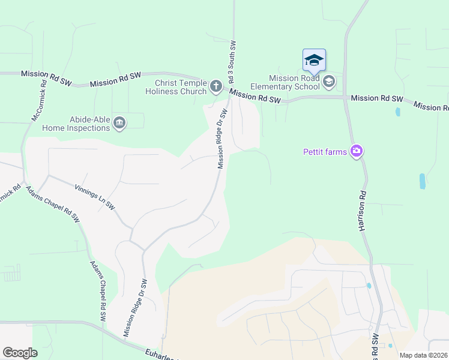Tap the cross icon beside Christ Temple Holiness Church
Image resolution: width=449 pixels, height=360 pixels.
[216, 87]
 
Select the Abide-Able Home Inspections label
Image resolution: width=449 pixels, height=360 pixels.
[81, 124]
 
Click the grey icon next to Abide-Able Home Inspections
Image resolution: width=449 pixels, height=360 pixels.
[119, 123]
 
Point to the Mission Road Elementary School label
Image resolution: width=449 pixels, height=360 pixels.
[294, 82]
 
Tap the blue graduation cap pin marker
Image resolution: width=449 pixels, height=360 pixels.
[314, 61]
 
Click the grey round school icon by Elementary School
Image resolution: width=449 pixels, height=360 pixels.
[328, 81]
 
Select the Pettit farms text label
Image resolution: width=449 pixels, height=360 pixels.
[325, 152]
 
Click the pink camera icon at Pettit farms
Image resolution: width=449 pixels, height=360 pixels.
[357, 151]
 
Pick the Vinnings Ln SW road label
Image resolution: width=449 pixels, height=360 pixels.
[94, 196]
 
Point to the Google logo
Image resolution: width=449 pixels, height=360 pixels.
[20, 353]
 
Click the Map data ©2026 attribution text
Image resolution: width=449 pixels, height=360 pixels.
[423, 355]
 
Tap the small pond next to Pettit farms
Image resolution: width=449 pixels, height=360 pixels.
[422, 181]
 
